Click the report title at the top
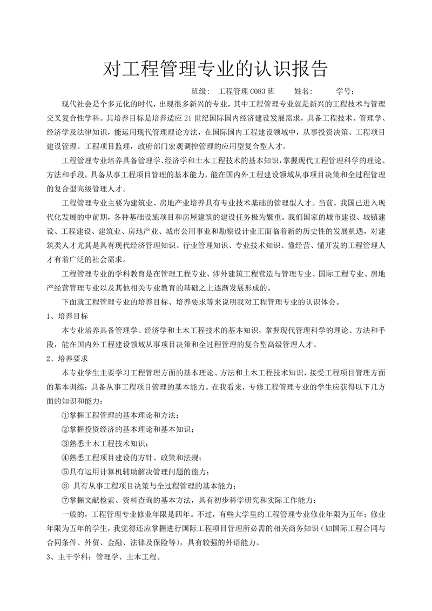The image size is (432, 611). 215,69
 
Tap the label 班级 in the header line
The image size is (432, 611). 199,91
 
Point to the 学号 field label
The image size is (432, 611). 344,91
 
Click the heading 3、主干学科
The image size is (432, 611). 70,556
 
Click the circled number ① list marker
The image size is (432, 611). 66,415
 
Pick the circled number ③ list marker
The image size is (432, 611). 66,443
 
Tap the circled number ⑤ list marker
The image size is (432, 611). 66,471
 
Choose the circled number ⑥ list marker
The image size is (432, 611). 66,485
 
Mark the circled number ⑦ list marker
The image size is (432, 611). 66,499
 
